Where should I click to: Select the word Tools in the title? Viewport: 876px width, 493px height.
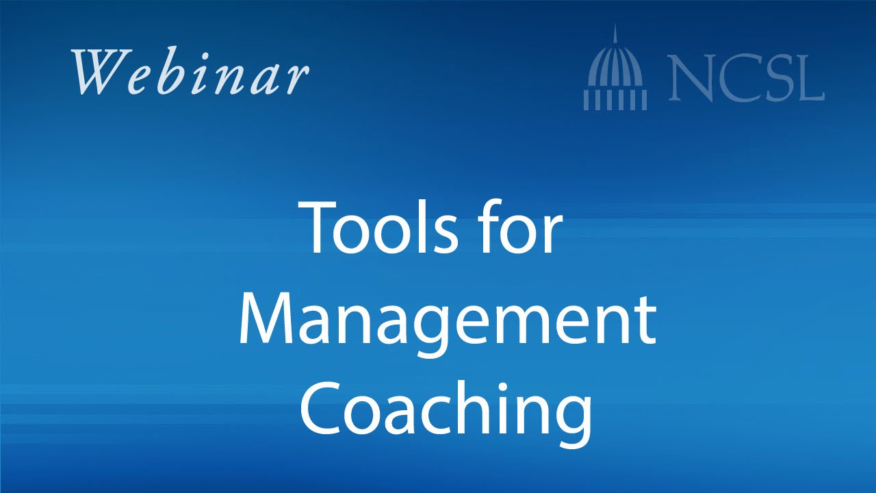click(x=380, y=227)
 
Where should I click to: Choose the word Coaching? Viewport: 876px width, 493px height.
click(x=446, y=408)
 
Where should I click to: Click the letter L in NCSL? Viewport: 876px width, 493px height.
click(x=808, y=78)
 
